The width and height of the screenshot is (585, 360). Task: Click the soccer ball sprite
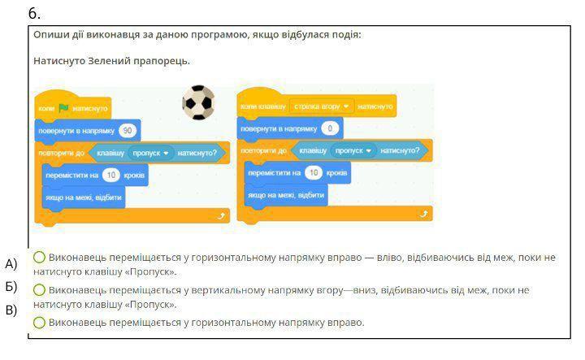(197, 102)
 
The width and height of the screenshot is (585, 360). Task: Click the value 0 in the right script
(329, 128)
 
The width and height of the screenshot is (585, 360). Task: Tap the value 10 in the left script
(111, 175)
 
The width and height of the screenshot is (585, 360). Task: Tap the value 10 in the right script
(314, 172)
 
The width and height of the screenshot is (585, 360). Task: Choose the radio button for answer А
(39, 258)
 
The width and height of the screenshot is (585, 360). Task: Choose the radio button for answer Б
(39, 290)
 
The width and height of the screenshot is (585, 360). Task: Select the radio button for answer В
(39, 323)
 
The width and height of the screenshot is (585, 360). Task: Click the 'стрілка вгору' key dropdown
(323, 106)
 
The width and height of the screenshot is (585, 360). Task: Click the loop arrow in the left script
(220, 215)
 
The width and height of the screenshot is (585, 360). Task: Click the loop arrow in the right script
(422, 213)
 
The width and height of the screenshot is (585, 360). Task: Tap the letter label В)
(11, 310)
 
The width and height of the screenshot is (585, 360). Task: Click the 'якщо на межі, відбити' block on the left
(83, 197)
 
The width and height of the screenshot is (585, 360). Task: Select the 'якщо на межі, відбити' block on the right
(285, 195)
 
